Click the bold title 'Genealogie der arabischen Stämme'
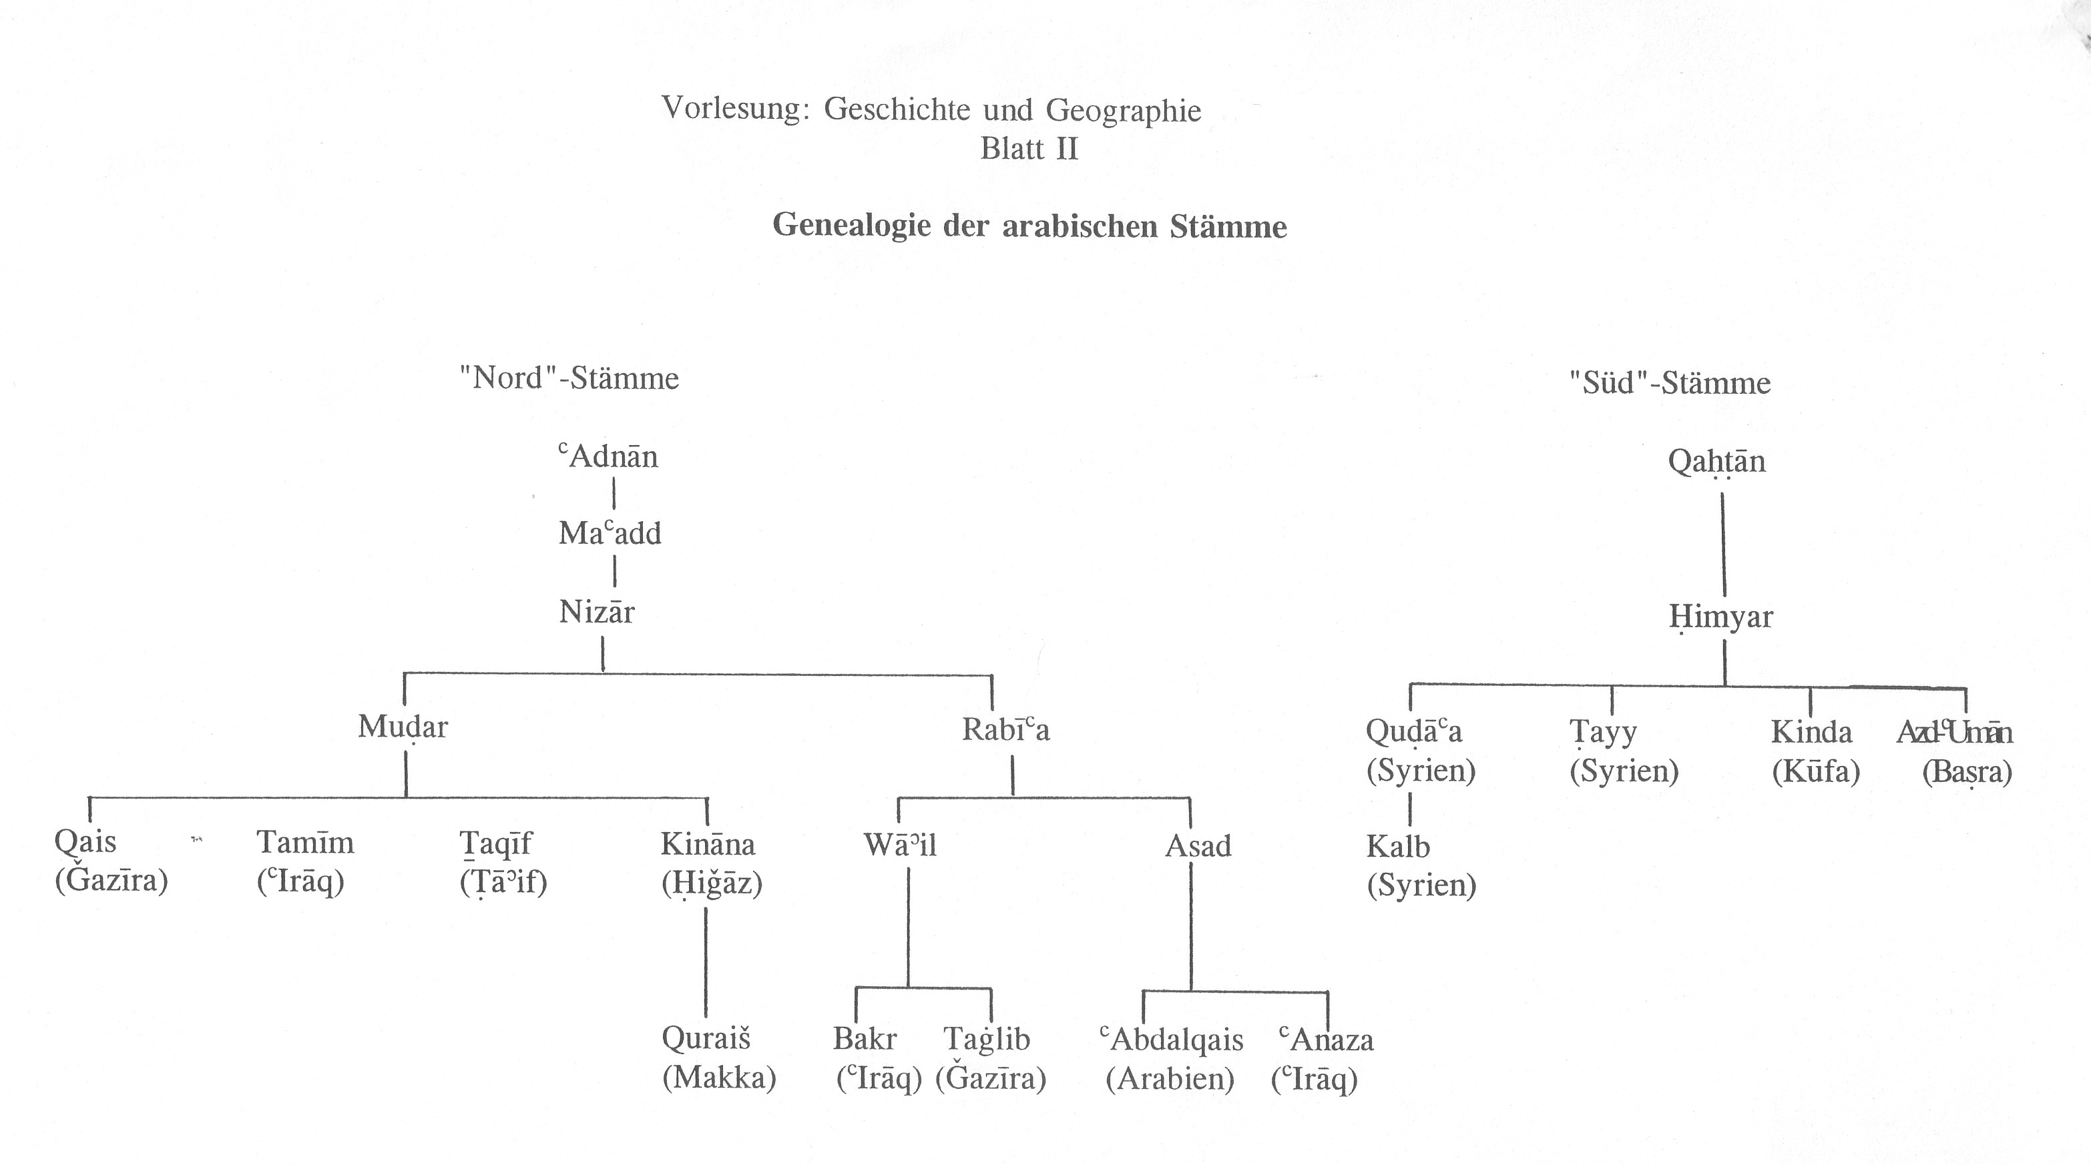click(x=1029, y=226)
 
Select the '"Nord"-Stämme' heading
click(x=569, y=378)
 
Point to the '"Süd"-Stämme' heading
click(x=1670, y=383)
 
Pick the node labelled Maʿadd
click(x=610, y=534)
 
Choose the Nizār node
click(x=597, y=612)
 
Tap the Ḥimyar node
click(x=1721, y=617)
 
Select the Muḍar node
click(x=403, y=727)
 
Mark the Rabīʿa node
click(x=1005, y=729)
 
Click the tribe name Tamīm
click(x=305, y=843)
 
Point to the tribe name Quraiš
click(x=706, y=1038)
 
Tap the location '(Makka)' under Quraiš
click(x=719, y=1078)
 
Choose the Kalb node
click(x=1398, y=847)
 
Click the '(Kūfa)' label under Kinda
click(x=1815, y=771)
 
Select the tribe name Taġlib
click(x=986, y=1040)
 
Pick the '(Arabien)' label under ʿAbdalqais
click(x=1170, y=1079)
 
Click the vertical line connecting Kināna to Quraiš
click(x=706, y=961)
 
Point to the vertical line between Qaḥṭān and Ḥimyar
click(x=1722, y=544)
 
